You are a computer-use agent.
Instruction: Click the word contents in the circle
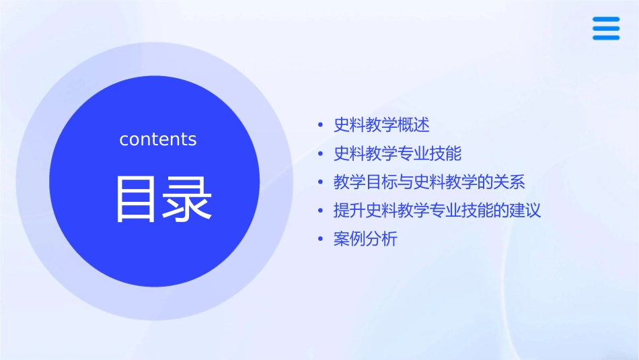pos(158,139)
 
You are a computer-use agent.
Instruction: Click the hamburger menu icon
pos(605,29)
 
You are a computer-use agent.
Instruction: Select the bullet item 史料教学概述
pos(381,125)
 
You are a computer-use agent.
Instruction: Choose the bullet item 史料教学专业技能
pos(398,154)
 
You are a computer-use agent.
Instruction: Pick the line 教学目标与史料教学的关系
pos(429,182)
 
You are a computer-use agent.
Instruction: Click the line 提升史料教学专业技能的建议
pos(437,211)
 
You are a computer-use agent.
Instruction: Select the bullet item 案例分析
pos(365,239)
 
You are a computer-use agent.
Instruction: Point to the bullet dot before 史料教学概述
pos(320,126)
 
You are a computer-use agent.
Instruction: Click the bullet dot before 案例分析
pos(320,240)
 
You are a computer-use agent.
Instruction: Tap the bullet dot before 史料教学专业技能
pos(320,155)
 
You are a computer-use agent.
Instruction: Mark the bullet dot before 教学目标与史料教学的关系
pos(320,183)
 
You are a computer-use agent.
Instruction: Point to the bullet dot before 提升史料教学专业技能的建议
pos(320,211)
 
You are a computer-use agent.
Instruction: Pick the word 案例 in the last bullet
pos(350,239)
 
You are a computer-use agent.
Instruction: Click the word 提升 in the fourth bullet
pos(350,211)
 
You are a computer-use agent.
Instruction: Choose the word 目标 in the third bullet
pos(381,182)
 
